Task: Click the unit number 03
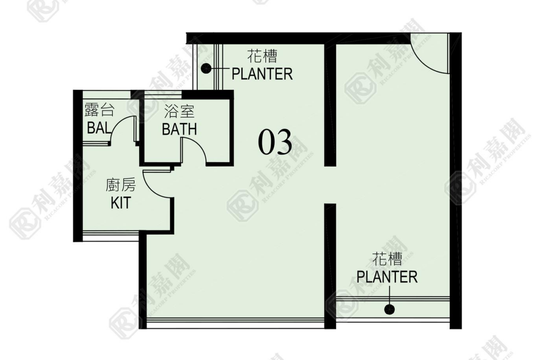point(275,142)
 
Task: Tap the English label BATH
point(179,129)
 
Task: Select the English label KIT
point(121,203)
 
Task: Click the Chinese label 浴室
point(179,111)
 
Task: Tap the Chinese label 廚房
point(121,185)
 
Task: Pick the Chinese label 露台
point(99,110)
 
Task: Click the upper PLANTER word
point(263,74)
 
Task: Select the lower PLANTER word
point(387,277)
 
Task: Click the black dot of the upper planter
point(206,69)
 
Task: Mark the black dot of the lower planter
point(389,310)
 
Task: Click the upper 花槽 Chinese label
point(263,56)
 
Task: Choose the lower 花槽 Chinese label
point(387,259)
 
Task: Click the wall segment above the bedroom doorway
point(330,105)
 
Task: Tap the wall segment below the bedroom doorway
point(330,266)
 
